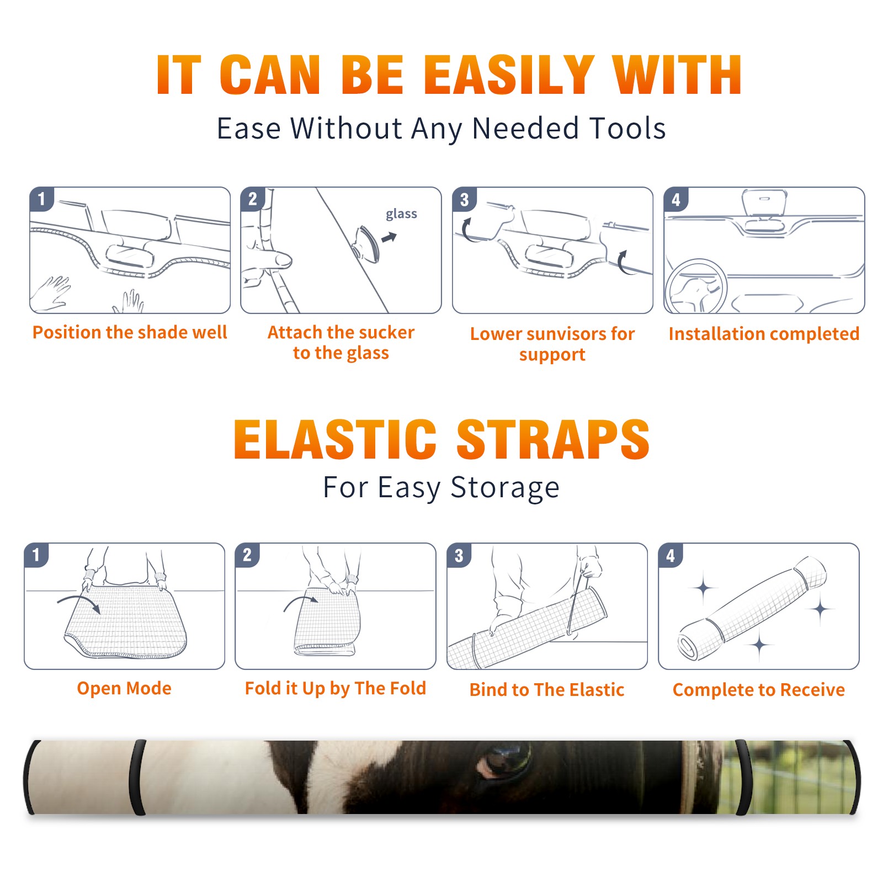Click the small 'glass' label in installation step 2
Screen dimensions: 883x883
(x=401, y=214)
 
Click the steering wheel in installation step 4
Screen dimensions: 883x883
(x=696, y=287)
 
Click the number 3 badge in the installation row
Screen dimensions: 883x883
(x=464, y=199)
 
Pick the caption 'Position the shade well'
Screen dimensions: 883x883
(x=130, y=332)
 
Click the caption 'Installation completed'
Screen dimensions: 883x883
(x=764, y=333)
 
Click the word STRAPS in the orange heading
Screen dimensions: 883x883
(x=553, y=439)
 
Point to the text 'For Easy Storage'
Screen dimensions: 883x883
(x=441, y=487)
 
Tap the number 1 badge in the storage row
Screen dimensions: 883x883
(x=36, y=555)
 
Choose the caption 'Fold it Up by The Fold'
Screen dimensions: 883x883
(x=336, y=688)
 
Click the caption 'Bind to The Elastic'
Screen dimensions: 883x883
(x=547, y=690)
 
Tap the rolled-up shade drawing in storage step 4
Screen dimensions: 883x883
(x=753, y=609)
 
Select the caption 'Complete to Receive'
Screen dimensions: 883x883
(x=759, y=690)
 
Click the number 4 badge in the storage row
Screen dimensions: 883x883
(x=671, y=555)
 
